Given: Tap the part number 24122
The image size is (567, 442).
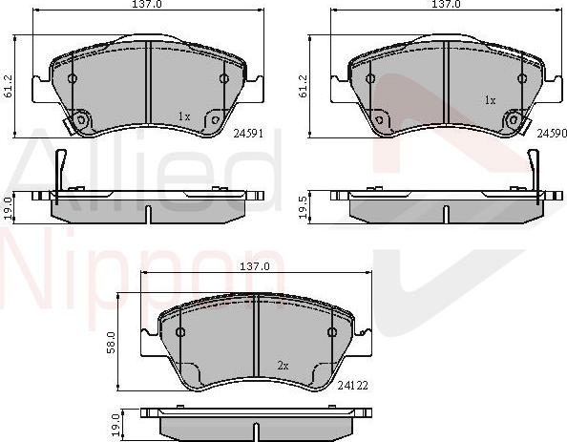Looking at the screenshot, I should tap(354, 386).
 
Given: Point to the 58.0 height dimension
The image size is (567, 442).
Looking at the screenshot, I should tap(111, 340).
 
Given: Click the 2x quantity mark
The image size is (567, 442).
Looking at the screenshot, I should tap(283, 365).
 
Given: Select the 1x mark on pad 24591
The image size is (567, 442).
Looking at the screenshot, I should tap(184, 116).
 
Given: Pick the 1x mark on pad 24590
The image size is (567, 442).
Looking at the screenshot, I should tap(490, 99).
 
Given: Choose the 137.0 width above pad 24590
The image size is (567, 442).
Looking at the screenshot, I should tap(446, 5).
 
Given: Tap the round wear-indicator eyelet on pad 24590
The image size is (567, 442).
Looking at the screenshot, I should tap(515, 120).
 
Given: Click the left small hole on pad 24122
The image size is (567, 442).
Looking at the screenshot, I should tap(179, 332).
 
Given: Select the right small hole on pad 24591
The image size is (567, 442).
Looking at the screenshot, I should tap(224, 79).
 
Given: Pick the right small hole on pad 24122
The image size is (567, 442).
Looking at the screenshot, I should tap(332, 332).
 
